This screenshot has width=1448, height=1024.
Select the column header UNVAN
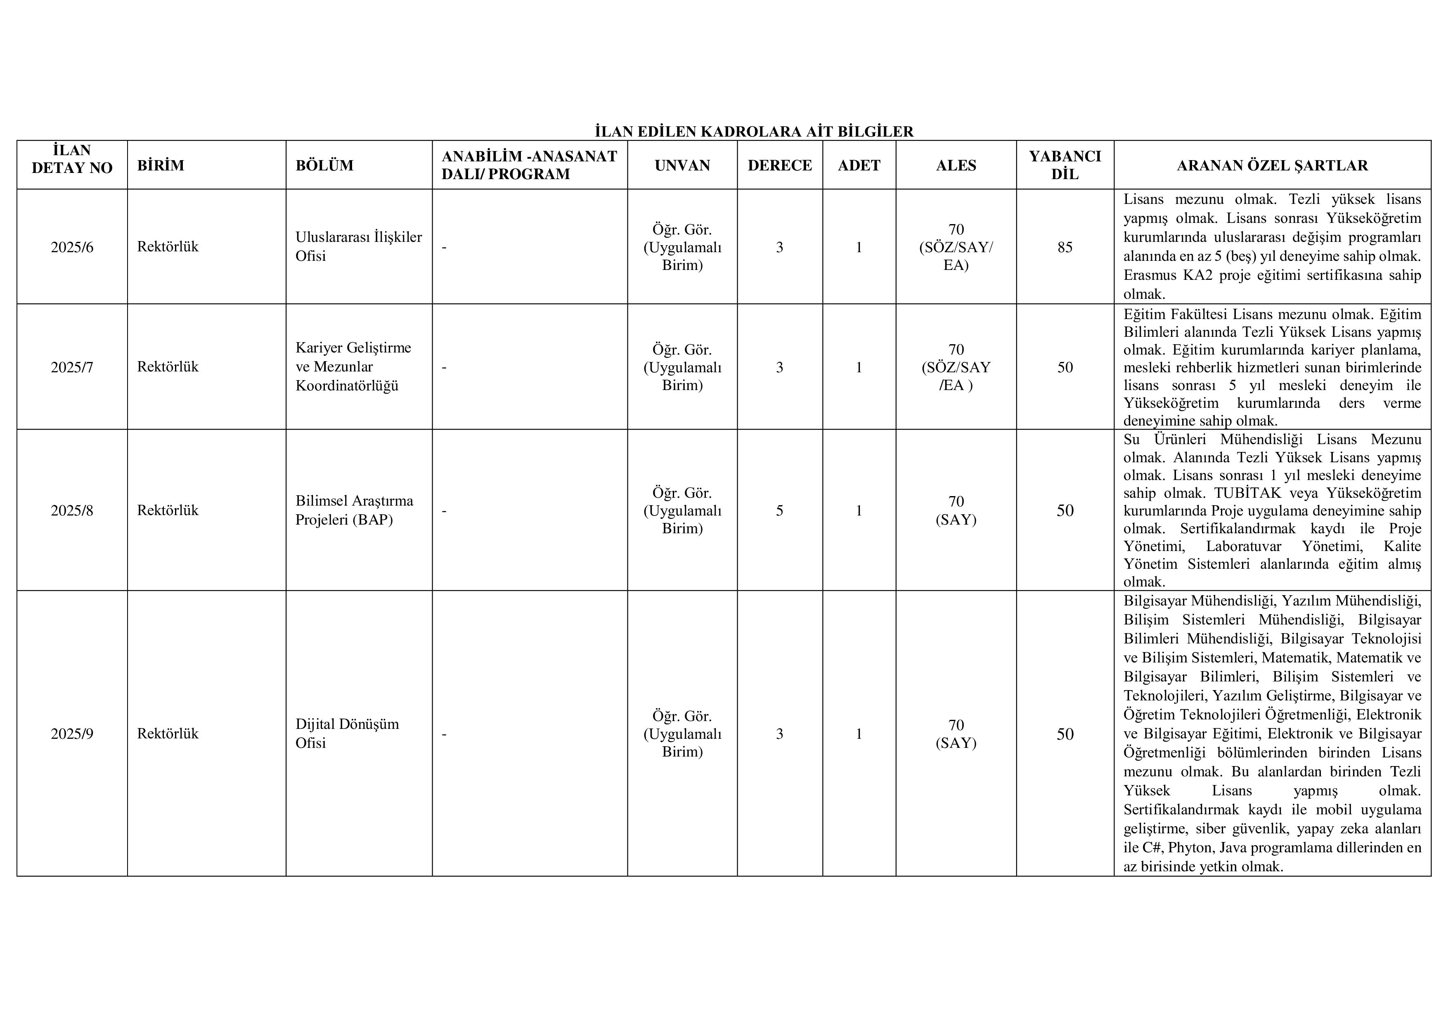682,165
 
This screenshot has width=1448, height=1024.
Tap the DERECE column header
779,165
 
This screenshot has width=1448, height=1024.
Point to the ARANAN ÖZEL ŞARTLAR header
1272,165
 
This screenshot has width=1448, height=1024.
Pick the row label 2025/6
72,247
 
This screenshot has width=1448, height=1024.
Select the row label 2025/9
72,734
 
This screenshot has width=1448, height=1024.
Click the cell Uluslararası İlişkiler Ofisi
358,246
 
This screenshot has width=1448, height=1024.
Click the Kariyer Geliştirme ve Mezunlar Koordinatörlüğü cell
353,367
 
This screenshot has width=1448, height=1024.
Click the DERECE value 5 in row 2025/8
779,511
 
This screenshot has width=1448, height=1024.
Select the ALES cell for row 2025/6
956,247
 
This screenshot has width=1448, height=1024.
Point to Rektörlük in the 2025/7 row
168,367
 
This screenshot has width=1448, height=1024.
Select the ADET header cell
859,165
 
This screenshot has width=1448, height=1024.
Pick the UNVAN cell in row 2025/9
682,734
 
